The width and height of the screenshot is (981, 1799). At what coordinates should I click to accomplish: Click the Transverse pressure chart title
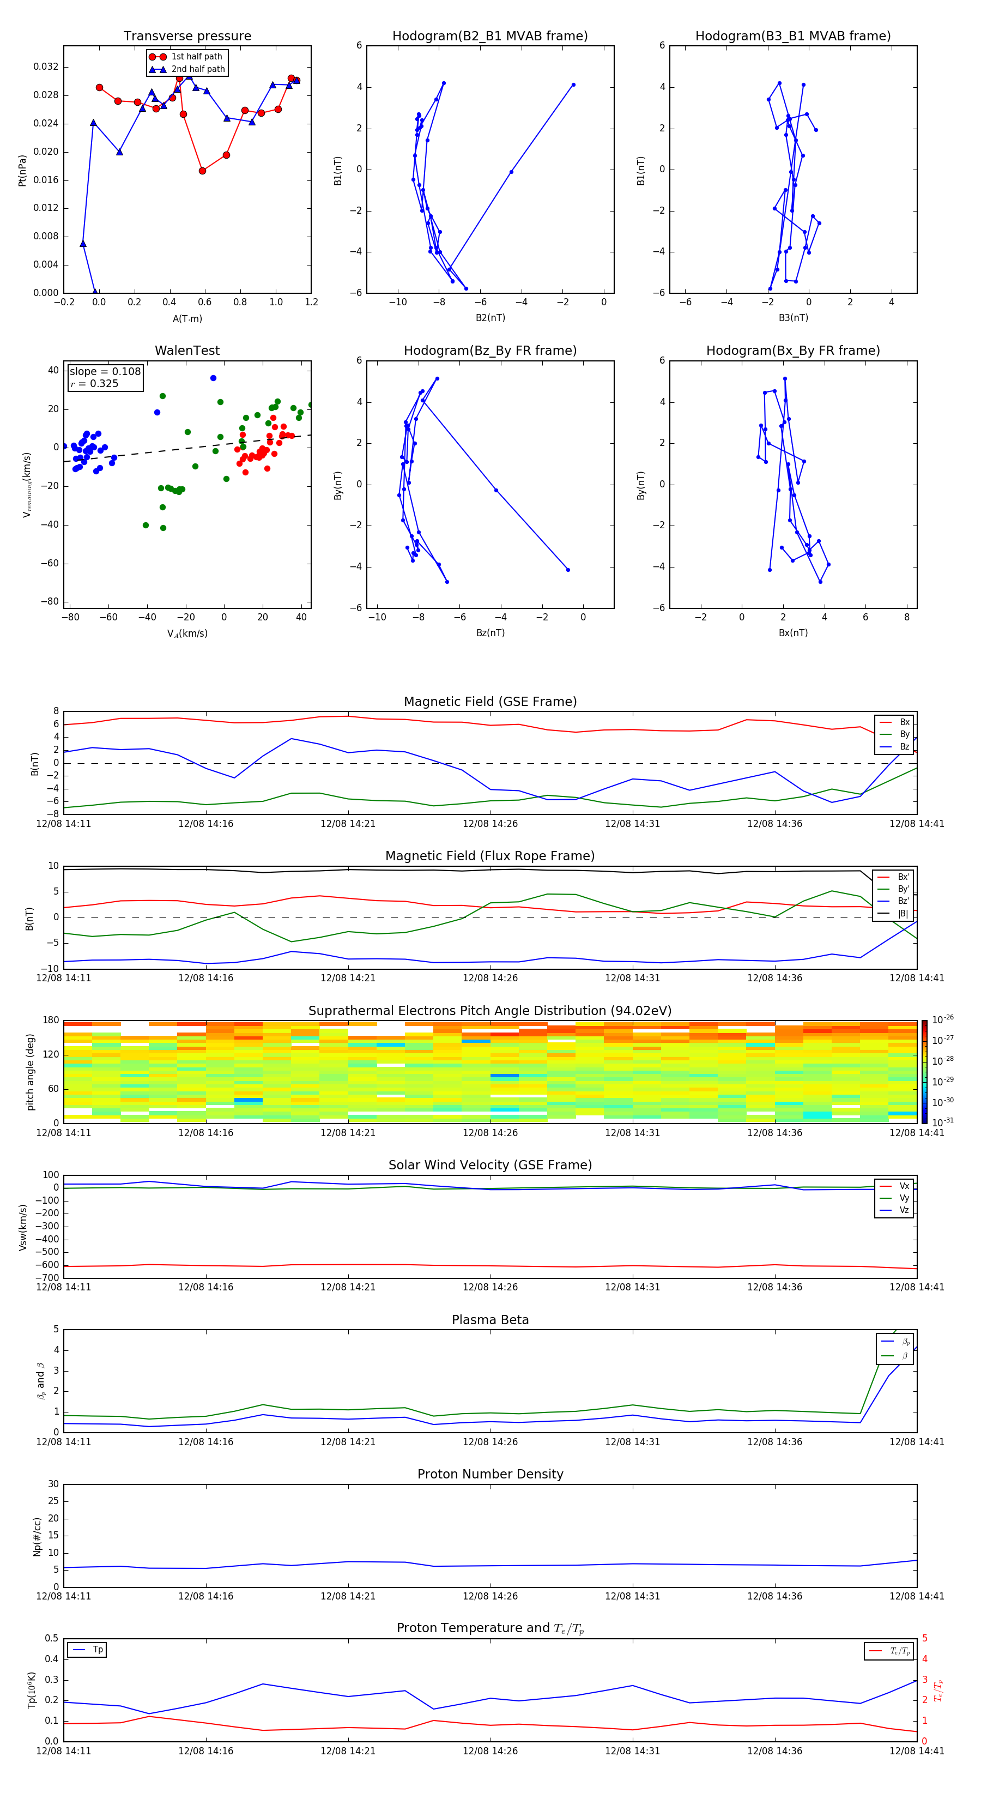tap(187, 37)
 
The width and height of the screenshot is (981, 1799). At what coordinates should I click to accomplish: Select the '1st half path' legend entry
tap(196, 57)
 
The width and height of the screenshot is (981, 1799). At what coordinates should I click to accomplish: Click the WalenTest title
tap(187, 351)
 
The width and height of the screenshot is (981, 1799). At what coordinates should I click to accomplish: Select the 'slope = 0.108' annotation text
tap(105, 372)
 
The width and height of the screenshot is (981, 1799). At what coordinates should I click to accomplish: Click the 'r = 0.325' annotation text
tap(94, 383)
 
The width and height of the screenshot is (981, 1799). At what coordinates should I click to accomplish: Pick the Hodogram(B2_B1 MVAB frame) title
tap(489, 37)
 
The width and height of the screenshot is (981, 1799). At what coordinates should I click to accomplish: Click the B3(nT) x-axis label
tap(793, 318)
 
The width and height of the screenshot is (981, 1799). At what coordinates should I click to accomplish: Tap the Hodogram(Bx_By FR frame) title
tap(792, 351)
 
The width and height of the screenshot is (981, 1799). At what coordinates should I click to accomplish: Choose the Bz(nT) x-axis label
tap(490, 633)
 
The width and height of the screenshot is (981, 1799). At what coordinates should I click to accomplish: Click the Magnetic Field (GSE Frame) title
tap(490, 702)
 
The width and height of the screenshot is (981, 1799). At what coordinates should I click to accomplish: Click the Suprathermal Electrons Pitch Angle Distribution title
tap(490, 1011)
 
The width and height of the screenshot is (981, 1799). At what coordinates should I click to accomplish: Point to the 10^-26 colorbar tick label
tap(943, 1019)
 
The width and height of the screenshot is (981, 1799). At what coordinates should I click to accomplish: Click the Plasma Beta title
tap(490, 1320)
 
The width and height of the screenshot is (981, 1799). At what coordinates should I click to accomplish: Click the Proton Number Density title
tap(490, 1474)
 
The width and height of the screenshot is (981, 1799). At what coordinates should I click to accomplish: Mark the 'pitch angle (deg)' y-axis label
tap(30, 1071)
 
